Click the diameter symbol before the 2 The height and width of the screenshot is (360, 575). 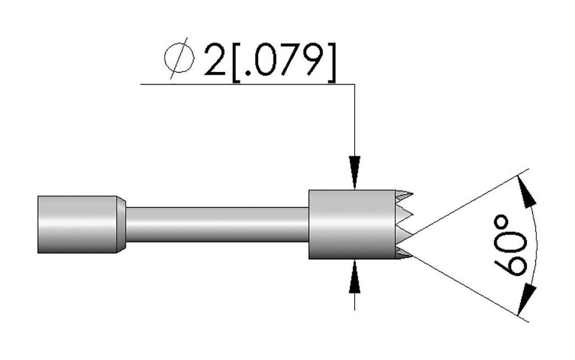click(x=179, y=58)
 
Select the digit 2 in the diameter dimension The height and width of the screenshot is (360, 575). click(x=215, y=60)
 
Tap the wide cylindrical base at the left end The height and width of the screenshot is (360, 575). click(x=77, y=224)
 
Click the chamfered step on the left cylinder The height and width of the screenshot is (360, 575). click(x=121, y=224)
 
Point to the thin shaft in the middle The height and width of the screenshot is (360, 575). click(x=217, y=224)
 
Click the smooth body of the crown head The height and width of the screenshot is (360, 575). click(x=353, y=224)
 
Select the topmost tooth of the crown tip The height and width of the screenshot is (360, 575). click(x=404, y=194)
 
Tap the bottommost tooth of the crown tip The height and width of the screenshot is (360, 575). click(x=404, y=255)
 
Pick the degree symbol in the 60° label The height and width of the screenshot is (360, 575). click(x=502, y=224)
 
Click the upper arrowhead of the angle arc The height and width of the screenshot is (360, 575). click(x=527, y=192)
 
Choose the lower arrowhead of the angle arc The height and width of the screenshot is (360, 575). click(x=527, y=299)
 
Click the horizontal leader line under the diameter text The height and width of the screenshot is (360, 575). click(x=248, y=84)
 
